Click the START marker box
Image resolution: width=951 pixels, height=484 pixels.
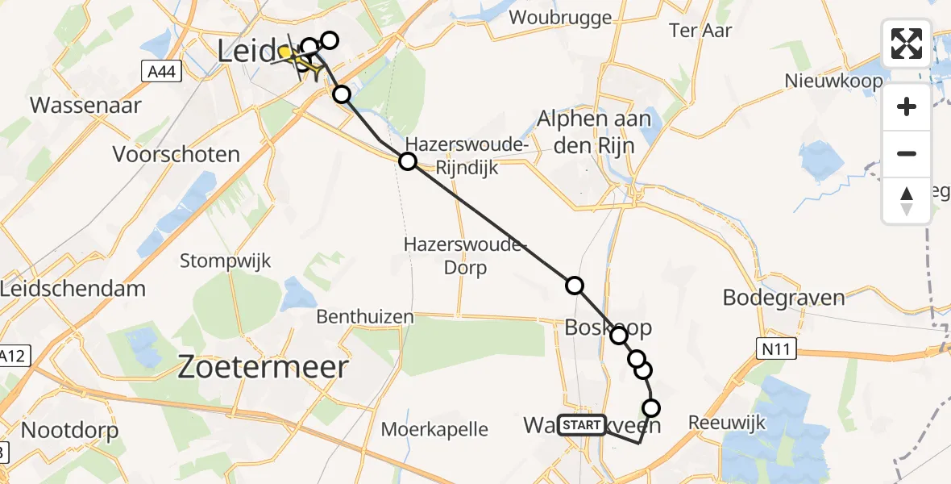coord(581,424)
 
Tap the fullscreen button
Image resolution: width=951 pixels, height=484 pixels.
coord(907,44)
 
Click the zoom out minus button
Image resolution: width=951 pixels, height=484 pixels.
coord(907,153)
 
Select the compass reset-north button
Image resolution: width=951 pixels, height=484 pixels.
coord(907,200)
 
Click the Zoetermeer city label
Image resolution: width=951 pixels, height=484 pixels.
coord(263,368)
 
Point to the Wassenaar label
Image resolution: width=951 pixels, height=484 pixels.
coord(85,105)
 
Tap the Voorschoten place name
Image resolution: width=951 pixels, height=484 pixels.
coord(176,154)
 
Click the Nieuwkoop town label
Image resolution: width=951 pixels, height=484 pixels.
coord(834,81)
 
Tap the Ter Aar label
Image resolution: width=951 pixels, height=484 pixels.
coord(700,31)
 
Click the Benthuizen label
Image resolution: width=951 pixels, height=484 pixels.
coord(365,317)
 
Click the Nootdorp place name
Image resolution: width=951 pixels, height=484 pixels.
coord(69,430)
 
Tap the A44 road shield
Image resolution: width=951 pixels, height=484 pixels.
coord(161,73)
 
